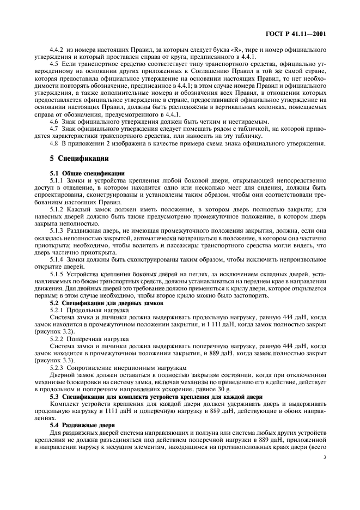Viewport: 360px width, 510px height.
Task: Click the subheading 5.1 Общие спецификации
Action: pos(87,173)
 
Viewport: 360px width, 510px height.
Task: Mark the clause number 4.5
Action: pos(54,65)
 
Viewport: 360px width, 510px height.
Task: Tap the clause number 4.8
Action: pos(54,143)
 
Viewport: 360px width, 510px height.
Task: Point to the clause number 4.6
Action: pos(54,122)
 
